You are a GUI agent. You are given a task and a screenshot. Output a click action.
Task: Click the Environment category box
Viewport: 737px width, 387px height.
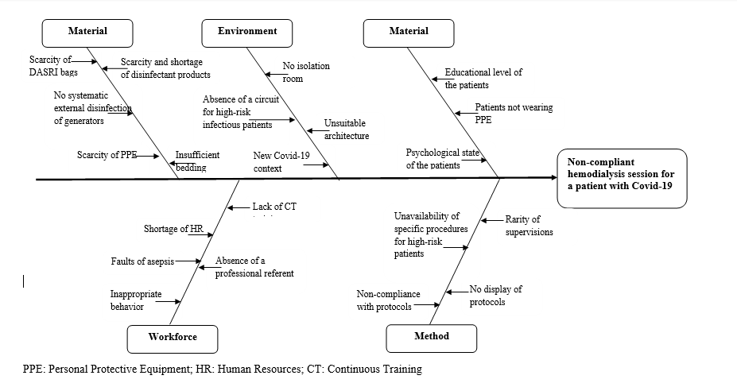[248, 32]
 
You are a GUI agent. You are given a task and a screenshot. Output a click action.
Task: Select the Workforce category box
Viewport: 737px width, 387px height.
[173, 337]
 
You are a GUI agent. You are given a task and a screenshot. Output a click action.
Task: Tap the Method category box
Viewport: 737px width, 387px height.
[432, 337]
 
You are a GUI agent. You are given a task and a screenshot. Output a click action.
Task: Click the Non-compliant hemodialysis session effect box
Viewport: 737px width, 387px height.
[622, 178]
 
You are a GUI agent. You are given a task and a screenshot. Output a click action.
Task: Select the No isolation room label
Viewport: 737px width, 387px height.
[306, 72]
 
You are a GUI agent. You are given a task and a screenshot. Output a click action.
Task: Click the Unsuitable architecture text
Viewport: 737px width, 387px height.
[346, 130]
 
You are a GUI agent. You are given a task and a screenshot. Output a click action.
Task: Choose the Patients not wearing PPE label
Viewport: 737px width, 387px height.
[514, 113]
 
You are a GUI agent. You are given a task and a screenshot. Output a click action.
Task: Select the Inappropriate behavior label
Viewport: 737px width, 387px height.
[135, 300]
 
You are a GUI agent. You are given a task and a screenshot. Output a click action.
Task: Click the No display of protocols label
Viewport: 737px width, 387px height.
[495, 296]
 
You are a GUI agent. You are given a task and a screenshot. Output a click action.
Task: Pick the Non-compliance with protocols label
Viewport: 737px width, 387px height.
[388, 300]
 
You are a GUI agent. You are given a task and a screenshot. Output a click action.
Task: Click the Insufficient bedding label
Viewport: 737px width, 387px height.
[197, 161]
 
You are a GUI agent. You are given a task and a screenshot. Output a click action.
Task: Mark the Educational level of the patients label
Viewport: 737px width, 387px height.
[483, 78]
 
